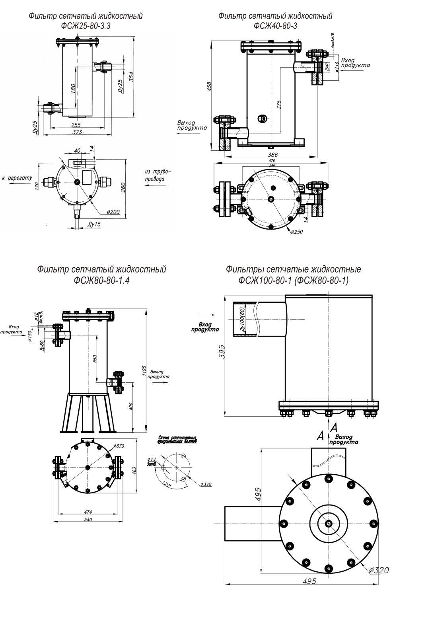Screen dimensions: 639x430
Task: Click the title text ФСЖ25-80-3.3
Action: pyautogui.click(x=86, y=26)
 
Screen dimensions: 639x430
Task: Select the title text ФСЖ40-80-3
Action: pyautogui.click(x=275, y=26)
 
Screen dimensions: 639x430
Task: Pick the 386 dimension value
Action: pyautogui.click(x=272, y=154)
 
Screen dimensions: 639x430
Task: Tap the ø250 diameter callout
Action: pyautogui.click(x=296, y=232)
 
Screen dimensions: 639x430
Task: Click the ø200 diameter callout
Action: pyautogui.click(x=113, y=212)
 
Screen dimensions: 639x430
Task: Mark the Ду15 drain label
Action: pyautogui.click(x=94, y=224)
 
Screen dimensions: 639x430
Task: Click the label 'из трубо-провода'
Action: pyautogui.click(x=158, y=175)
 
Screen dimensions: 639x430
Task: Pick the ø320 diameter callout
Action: pyautogui.click(x=378, y=570)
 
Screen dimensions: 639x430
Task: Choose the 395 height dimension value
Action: pyautogui.click(x=222, y=352)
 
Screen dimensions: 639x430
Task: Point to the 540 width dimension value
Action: pyautogui.click(x=88, y=520)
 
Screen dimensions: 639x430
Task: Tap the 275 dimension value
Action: pyautogui.click(x=279, y=104)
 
